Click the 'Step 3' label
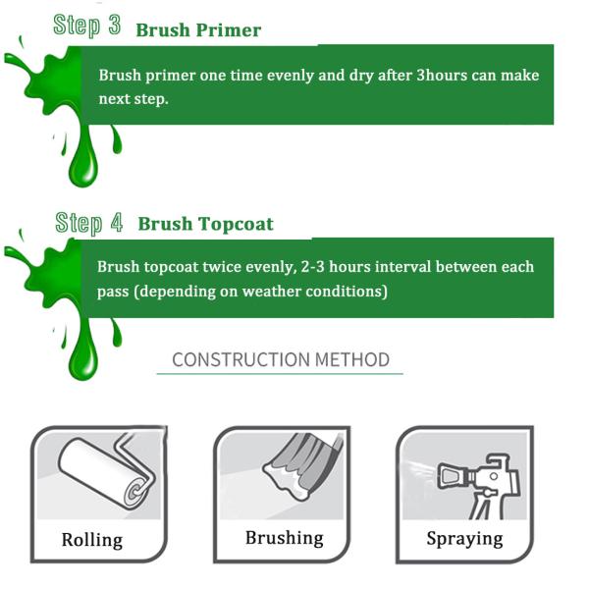87,26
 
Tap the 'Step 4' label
89,222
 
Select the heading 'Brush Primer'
198,29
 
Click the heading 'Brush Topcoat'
205,224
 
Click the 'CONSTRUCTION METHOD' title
280,359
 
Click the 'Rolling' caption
92,540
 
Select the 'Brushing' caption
284,538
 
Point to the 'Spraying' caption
464,539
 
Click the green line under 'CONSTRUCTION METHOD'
280,374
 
